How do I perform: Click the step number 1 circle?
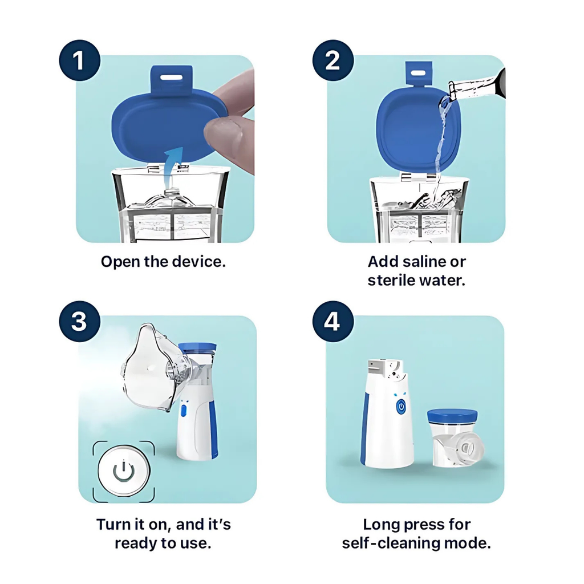click(80, 60)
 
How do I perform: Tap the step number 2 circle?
click(333, 60)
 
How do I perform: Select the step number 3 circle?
click(80, 322)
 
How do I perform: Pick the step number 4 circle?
click(333, 322)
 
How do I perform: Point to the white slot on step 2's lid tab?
click(418, 72)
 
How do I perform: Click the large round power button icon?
click(124, 471)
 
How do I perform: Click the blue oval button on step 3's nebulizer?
click(183, 411)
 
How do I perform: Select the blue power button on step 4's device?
click(401, 406)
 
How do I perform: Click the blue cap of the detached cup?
click(452, 416)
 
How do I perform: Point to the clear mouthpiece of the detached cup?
click(466, 449)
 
